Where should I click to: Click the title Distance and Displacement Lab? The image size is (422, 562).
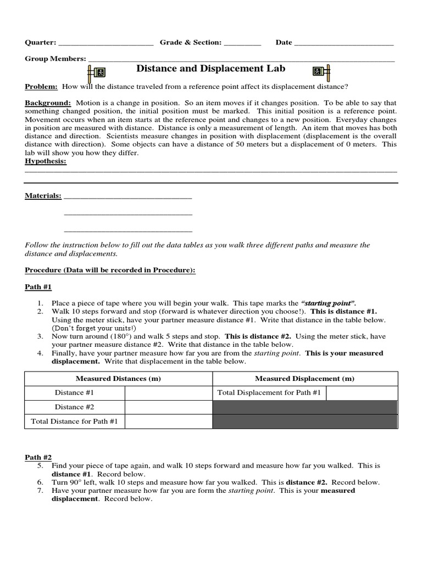coord(210,69)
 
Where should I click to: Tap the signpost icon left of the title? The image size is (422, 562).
coord(96,72)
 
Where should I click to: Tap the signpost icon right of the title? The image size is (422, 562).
coord(321,71)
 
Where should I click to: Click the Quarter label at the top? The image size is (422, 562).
coord(40,42)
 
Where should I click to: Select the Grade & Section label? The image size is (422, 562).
coord(190,42)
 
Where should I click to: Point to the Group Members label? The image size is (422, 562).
coord(55,59)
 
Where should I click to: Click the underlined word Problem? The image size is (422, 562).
coord(41,87)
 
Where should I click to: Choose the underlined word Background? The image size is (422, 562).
coord(48,103)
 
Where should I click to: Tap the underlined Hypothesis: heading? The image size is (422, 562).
coord(46,161)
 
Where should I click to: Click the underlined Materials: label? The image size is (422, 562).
coord(43,196)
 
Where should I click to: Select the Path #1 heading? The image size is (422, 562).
coord(38,287)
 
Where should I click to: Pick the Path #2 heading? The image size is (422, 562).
coord(38,457)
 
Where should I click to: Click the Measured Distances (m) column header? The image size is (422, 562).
coord(118,379)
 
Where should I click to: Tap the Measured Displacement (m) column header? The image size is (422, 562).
coord(304,379)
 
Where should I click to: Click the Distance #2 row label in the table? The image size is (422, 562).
coord(74,407)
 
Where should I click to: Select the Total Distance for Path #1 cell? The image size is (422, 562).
coord(74,421)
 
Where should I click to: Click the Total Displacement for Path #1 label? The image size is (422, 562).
coord(269,392)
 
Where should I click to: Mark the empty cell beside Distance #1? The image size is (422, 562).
coord(168,392)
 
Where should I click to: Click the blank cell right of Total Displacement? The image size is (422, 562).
coord(362,392)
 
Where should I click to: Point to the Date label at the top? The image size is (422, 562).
coord(284,42)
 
